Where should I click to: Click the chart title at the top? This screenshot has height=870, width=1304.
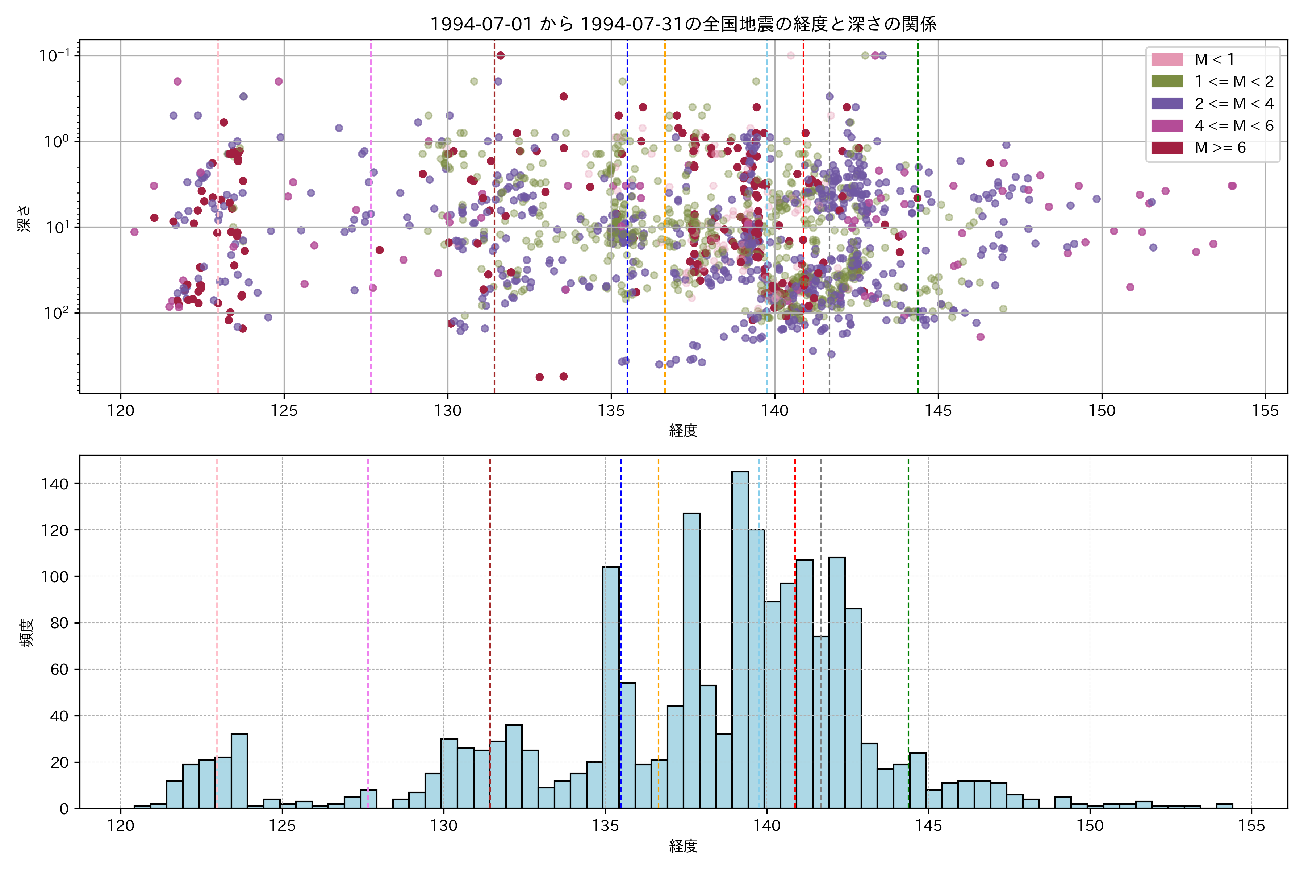pos(683,24)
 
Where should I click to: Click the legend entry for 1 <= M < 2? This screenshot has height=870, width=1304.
pos(1234,82)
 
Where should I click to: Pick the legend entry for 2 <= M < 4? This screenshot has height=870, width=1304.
pos(1234,104)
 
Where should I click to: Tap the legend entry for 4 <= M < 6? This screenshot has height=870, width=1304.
pos(1234,126)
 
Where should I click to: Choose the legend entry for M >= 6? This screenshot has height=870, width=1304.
pos(1220,148)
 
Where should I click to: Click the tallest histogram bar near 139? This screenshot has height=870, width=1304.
pos(740,638)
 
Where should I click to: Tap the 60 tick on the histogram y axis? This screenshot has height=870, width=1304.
pos(59,670)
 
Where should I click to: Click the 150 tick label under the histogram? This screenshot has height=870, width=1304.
pos(1090,826)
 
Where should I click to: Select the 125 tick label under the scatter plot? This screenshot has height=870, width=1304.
pos(284,411)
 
